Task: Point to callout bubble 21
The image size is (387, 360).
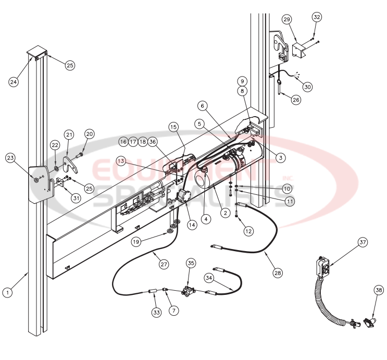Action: coord(69,134)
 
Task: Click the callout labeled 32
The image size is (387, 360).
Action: coord(317,17)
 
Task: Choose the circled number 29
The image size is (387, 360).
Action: coord(287,19)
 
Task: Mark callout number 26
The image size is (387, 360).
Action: coord(296,100)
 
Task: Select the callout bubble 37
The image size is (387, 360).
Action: coord(363,242)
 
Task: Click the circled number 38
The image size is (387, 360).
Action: coord(379,290)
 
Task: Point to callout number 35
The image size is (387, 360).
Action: coord(191,263)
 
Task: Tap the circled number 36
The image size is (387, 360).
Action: coord(152,142)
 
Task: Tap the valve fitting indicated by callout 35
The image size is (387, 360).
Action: coord(187,290)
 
